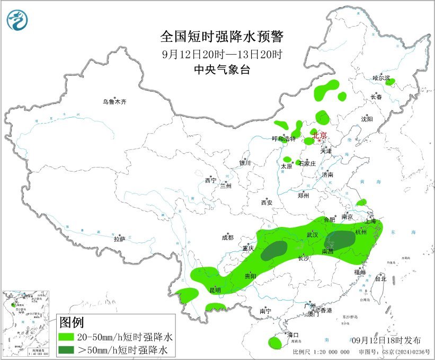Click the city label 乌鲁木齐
[x=115, y=102]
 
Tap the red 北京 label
[x=319, y=135]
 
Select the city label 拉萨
[x=119, y=239]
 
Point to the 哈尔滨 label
[x=380, y=78]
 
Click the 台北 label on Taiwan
[x=380, y=278]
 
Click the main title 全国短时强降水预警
[x=222, y=37]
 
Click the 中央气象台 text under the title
[x=222, y=69]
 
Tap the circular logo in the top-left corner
[x=17, y=20]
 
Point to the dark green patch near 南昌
[x=340, y=239]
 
